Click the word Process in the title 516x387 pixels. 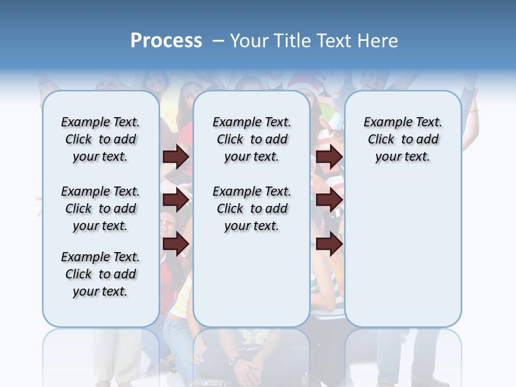click(166, 40)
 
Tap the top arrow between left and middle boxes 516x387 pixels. click(176, 156)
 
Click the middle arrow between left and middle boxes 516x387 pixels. click(176, 200)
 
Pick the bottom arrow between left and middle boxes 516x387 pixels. click(176, 244)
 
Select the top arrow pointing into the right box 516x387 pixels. click(329, 156)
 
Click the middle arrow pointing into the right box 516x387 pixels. click(329, 200)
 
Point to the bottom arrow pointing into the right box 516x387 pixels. click(329, 244)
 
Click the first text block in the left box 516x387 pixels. click(101, 139)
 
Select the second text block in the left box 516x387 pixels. click(101, 209)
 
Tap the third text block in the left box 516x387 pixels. click(101, 274)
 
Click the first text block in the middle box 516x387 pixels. click(252, 139)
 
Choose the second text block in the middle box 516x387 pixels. click(252, 209)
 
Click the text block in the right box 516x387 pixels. click(403, 139)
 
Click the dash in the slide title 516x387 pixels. click(218, 41)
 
